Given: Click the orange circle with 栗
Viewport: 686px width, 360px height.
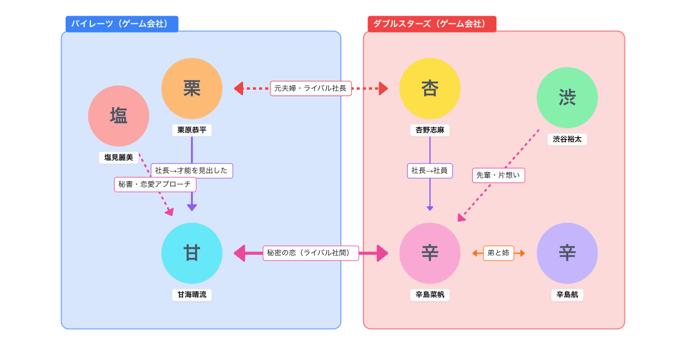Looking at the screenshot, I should [192, 89].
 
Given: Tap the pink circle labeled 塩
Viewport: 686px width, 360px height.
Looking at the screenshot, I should [118, 116].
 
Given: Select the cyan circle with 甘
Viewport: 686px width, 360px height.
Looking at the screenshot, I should [192, 253].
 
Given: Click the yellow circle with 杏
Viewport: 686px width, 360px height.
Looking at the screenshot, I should [430, 89].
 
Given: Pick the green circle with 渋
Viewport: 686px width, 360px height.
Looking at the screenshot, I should [567, 98].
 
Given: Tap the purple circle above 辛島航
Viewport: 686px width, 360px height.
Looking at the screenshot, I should [567, 253].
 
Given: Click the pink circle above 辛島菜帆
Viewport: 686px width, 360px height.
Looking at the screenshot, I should [430, 253].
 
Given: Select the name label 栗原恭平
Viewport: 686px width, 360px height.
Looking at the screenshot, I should [192, 130].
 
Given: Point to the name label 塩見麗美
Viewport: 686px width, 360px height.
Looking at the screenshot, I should [118, 157].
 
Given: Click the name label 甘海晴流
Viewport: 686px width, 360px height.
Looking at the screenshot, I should [192, 295].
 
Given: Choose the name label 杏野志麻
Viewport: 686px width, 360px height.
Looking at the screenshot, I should [430, 130].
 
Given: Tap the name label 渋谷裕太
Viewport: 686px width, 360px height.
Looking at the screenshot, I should [567, 139].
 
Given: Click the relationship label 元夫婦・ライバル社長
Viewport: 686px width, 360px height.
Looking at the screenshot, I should [310, 89].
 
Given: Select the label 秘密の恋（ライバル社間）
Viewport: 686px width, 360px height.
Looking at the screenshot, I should [310, 253].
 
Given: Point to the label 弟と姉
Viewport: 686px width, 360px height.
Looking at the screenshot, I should [498, 253].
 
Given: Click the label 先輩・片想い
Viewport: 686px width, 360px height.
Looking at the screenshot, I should [498, 175].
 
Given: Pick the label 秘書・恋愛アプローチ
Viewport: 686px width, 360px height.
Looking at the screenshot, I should [155, 185].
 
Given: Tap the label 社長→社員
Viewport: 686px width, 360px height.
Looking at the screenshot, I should [430, 170].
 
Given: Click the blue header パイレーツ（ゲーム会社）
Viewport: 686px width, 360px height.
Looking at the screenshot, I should [122, 24].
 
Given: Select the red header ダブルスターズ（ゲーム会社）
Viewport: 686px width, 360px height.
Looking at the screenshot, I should [432, 24].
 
